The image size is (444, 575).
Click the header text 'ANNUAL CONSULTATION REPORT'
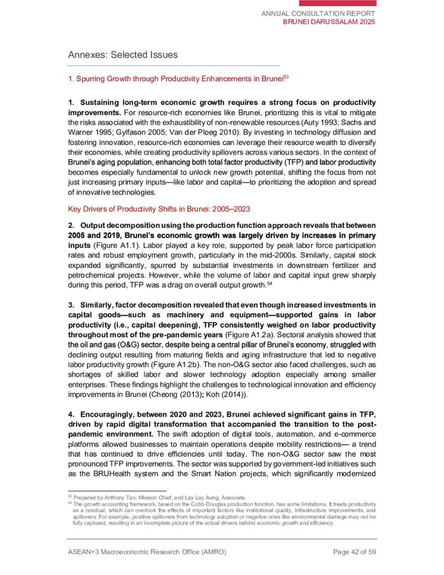pyautogui.click(x=319, y=13)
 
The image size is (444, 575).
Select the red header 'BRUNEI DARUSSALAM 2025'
pyautogui.click(x=329, y=22)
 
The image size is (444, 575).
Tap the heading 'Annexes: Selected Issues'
pyautogui.click(x=122, y=55)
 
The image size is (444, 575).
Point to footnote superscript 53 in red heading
pyautogui.click(x=286, y=77)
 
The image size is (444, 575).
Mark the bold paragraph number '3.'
pyautogui.click(x=71, y=305)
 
